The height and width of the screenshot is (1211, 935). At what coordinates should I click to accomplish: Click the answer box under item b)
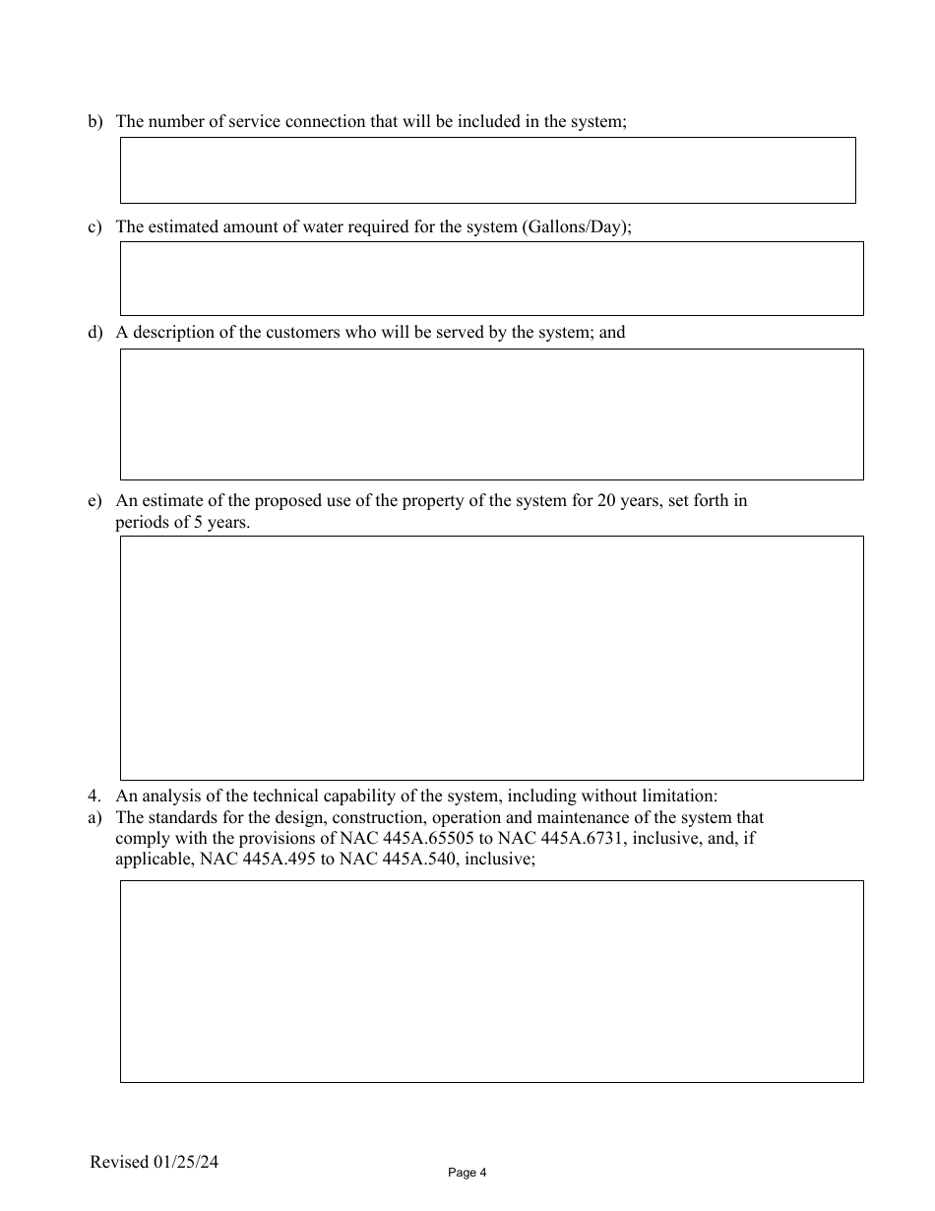(x=487, y=170)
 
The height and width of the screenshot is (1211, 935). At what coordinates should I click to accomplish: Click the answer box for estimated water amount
(x=491, y=279)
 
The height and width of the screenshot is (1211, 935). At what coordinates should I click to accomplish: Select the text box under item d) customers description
(x=491, y=414)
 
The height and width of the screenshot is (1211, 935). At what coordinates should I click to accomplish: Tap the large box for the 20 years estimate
(x=491, y=658)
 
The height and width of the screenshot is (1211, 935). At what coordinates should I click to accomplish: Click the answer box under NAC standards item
(x=491, y=982)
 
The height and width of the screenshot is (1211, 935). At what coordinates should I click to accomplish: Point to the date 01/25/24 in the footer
(x=185, y=1162)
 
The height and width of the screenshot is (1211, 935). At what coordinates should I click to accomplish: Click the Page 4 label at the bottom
(x=467, y=1173)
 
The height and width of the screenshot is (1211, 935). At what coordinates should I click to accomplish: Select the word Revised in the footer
(x=119, y=1162)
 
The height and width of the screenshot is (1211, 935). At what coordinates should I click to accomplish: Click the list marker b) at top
(x=95, y=121)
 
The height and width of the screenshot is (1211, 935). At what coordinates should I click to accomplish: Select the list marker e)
(x=95, y=501)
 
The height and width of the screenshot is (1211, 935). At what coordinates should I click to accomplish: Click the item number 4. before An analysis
(x=94, y=797)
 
